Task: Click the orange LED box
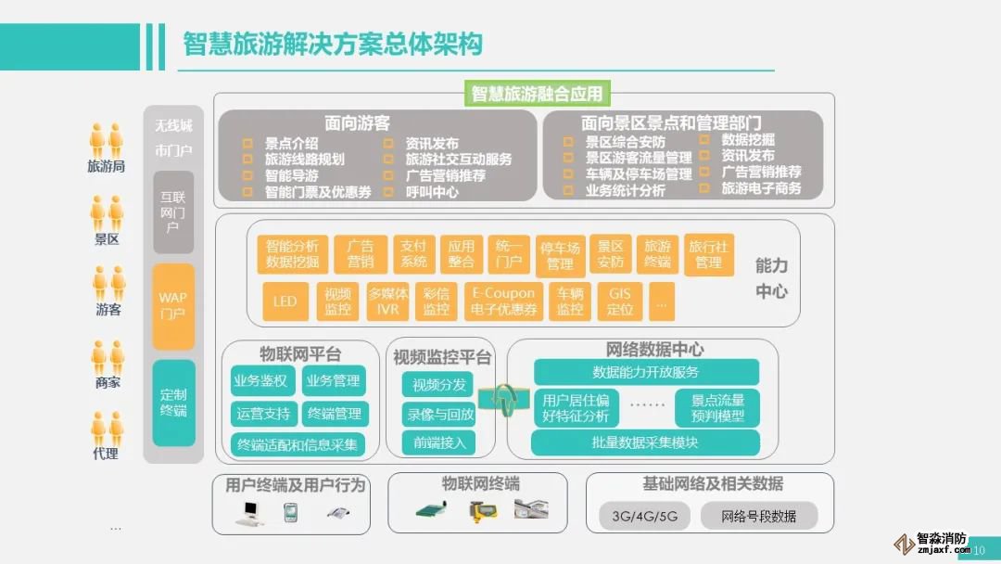click(x=285, y=301)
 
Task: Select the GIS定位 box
click(x=620, y=301)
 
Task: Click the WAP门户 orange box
click(x=173, y=305)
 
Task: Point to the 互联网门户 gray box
click(x=173, y=211)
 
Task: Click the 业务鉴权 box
click(x=260, y=380)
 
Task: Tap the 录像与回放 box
click(x=439, y=414)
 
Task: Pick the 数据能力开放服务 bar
click(x=646, y=372)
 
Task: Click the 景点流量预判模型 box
click(x=718, y=408)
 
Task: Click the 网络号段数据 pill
click(x=759, y=516)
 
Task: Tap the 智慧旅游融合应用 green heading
click(x=537, y=94)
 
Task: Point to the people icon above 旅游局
click(x=106, y=140)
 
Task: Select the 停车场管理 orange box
click(x=560, y=255)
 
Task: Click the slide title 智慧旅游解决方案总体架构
click(x=333, y=44)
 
